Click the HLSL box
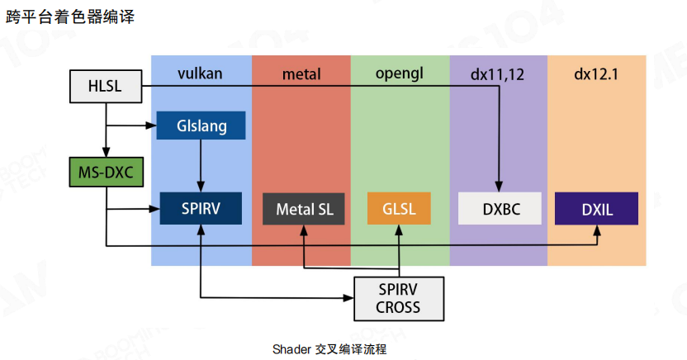pyautogui.click(x=104, y=85)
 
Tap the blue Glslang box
pyautogui.click(x=201, y=126)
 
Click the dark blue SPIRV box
pyautogui.click(x=201, y=208)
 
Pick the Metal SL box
pyautogui.click(x=304, y=208)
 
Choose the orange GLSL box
pyautogui.click(x=400, y=208)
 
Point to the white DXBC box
pyautogui.click(x=500, y=208)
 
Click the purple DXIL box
pyautogui.click(x=597, y=208)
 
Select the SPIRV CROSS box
pyautogui.click(x=398, y=298)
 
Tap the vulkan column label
pyautogui.click(x=200, y=74)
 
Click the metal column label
pyautogui.click(x=301, y=74)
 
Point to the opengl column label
pyautogui.click(x=400, y=74)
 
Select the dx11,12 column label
pyautogui.click(x=498, y=74)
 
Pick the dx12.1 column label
pyautogui.click(x=596, y=74)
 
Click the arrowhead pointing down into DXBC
pyautogui.click(x=500, y=187)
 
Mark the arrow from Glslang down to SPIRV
pyautogui.click(x=201, y=165)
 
